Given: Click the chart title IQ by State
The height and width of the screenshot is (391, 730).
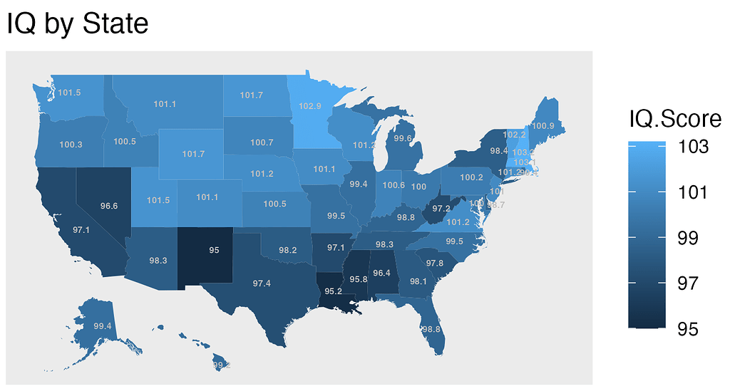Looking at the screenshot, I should click(x=77, y=24).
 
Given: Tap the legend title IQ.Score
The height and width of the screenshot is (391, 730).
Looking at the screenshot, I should click(x=674, y=118).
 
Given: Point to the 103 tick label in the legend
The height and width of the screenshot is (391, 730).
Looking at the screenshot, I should click(x=694, y=147).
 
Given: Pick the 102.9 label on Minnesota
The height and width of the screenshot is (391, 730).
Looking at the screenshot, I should click(x=310, y=106).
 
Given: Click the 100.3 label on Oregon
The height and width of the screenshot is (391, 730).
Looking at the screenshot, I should click(x=71, y=145).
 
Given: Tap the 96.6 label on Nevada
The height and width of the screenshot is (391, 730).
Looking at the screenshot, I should click(x=109, y=206).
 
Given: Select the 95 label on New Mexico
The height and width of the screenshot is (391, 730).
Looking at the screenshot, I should click(x=214, y=250).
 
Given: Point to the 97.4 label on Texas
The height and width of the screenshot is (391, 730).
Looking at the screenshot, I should click(x=261, y=283).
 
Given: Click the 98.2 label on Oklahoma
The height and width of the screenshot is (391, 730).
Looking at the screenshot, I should click(x=288, y=250).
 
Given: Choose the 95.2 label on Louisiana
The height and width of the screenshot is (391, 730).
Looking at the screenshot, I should click(x=333, y=291).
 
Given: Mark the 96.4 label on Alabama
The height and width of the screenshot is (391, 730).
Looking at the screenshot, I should click(x=381, y=273).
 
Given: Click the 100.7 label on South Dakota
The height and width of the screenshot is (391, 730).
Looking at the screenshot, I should click(x=262, y=142).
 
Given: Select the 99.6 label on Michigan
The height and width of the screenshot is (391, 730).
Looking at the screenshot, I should click(x=403, y=138).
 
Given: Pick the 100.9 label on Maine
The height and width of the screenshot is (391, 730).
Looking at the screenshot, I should click(x=543, y=126).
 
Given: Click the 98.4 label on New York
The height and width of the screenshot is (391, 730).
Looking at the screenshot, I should click(x=499, y=150).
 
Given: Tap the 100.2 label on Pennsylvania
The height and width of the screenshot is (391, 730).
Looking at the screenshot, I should click(x=471, y=177).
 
